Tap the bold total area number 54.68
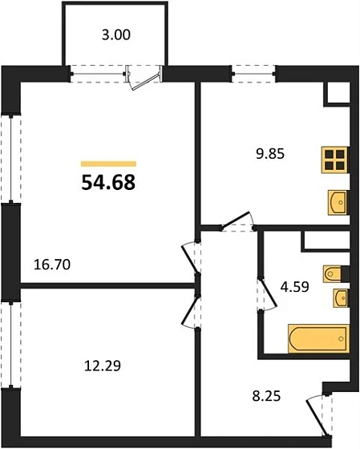point(107,183)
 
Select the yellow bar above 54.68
point(108,163)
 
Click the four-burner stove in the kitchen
point(335,160)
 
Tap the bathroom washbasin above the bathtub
point(338,298)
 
